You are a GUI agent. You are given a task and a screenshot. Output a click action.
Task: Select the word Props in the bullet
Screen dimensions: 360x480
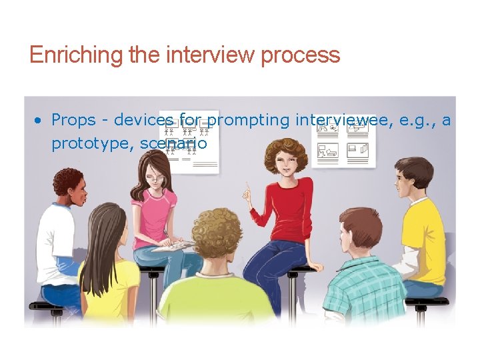point(73,121)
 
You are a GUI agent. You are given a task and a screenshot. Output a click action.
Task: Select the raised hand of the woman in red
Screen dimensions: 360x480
point(247,194)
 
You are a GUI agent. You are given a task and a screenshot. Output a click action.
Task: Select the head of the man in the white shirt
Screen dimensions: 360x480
point(69,186)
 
